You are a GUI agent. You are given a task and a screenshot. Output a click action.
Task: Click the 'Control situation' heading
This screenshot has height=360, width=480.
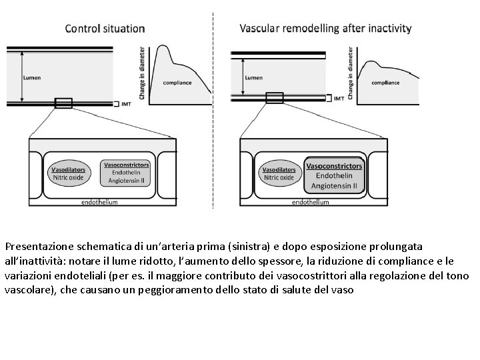tap(105, 29)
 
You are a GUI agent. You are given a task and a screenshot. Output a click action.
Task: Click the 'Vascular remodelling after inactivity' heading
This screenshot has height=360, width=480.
tap(325, 29)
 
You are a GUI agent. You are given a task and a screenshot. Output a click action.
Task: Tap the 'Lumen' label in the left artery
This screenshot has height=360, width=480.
tap(31, 77)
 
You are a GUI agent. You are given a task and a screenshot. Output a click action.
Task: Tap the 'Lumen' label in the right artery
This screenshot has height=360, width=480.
tap(253, 77)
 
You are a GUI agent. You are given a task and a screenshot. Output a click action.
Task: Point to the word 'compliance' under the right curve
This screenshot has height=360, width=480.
tap(385, 83)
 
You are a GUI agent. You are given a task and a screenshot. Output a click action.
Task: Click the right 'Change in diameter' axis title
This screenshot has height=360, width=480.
tap(351, 69)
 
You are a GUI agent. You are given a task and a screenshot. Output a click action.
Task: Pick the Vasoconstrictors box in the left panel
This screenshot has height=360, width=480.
tap(126, 172)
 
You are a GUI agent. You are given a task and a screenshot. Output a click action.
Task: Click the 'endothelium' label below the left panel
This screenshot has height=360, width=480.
tap(100, 201)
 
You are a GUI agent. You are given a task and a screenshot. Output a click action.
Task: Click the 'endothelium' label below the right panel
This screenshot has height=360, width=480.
tap(311, 201)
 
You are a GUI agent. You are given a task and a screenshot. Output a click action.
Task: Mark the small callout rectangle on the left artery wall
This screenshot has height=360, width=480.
tap(63, 103)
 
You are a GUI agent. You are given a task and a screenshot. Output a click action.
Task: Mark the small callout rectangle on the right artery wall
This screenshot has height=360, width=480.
tap(274, 98)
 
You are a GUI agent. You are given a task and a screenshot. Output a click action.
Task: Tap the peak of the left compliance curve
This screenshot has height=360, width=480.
tap(160, 47)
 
